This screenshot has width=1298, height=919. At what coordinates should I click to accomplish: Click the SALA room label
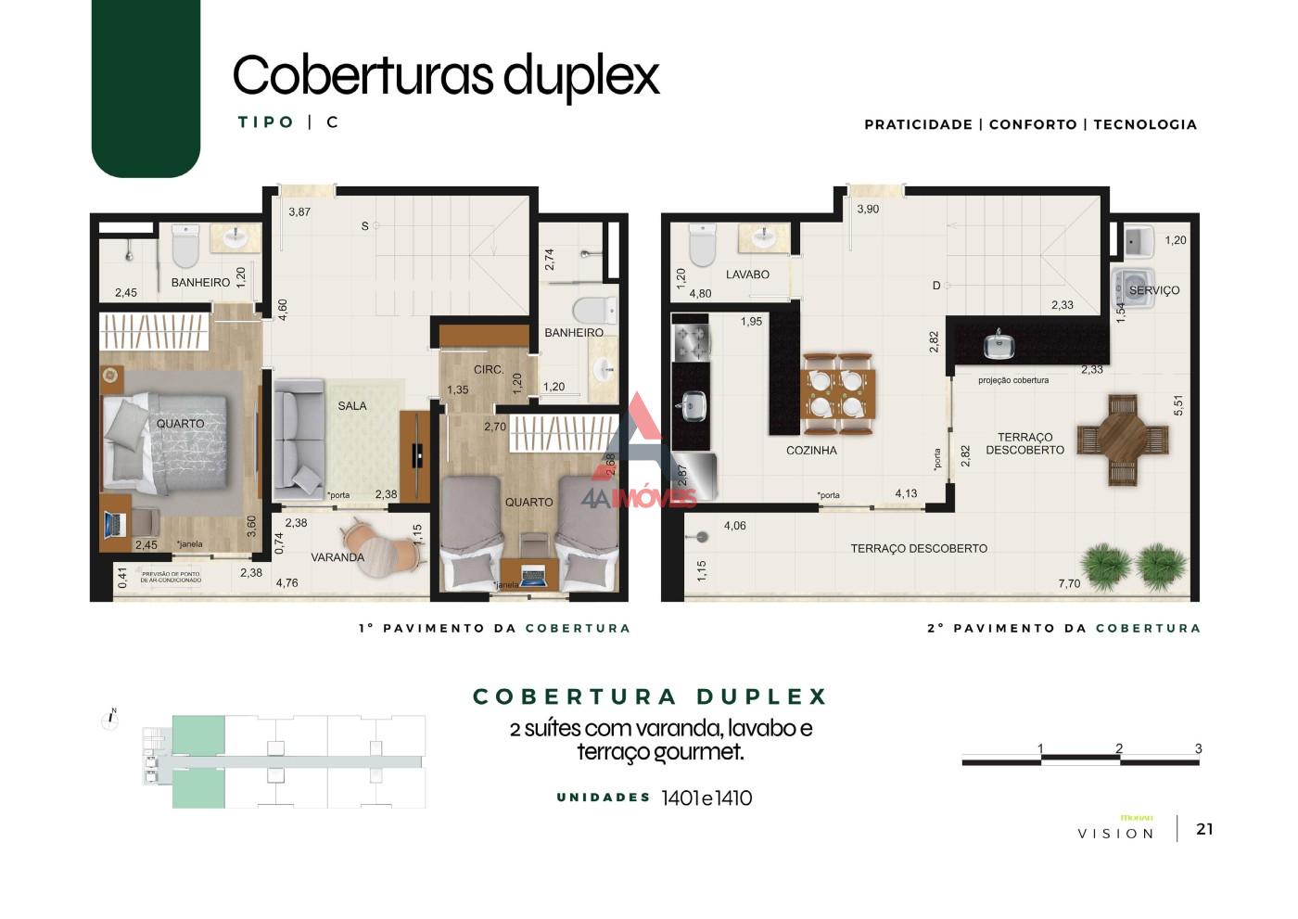pos(352,406)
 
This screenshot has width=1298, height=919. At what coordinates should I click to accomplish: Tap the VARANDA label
pos(337,557)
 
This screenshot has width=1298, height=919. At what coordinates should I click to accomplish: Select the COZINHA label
pos(811,451)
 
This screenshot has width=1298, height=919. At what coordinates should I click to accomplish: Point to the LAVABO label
pos(747,274)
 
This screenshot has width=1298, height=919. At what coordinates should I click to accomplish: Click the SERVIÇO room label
pos(1154,290)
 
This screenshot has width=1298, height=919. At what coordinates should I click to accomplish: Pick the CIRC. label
pos(489,369)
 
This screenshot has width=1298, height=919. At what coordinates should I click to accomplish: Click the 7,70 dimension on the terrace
pos(1069,583)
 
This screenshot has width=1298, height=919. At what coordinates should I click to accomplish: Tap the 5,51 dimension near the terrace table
pos(1178,405)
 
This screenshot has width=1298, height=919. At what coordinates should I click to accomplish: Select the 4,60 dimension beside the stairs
pos(283,310)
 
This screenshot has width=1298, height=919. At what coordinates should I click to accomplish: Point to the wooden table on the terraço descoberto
pos(1123,439)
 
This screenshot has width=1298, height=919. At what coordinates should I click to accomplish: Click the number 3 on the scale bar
pos(1198,748)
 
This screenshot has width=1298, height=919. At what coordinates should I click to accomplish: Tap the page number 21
pos(1204,829)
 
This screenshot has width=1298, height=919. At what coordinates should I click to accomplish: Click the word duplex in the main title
pos(581,76)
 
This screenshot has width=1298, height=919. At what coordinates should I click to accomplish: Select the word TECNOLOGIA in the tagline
pos(1145,124)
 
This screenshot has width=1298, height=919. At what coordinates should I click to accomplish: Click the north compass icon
pos(110,720)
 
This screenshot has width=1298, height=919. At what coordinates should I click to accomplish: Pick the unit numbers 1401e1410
pos(706,798)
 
